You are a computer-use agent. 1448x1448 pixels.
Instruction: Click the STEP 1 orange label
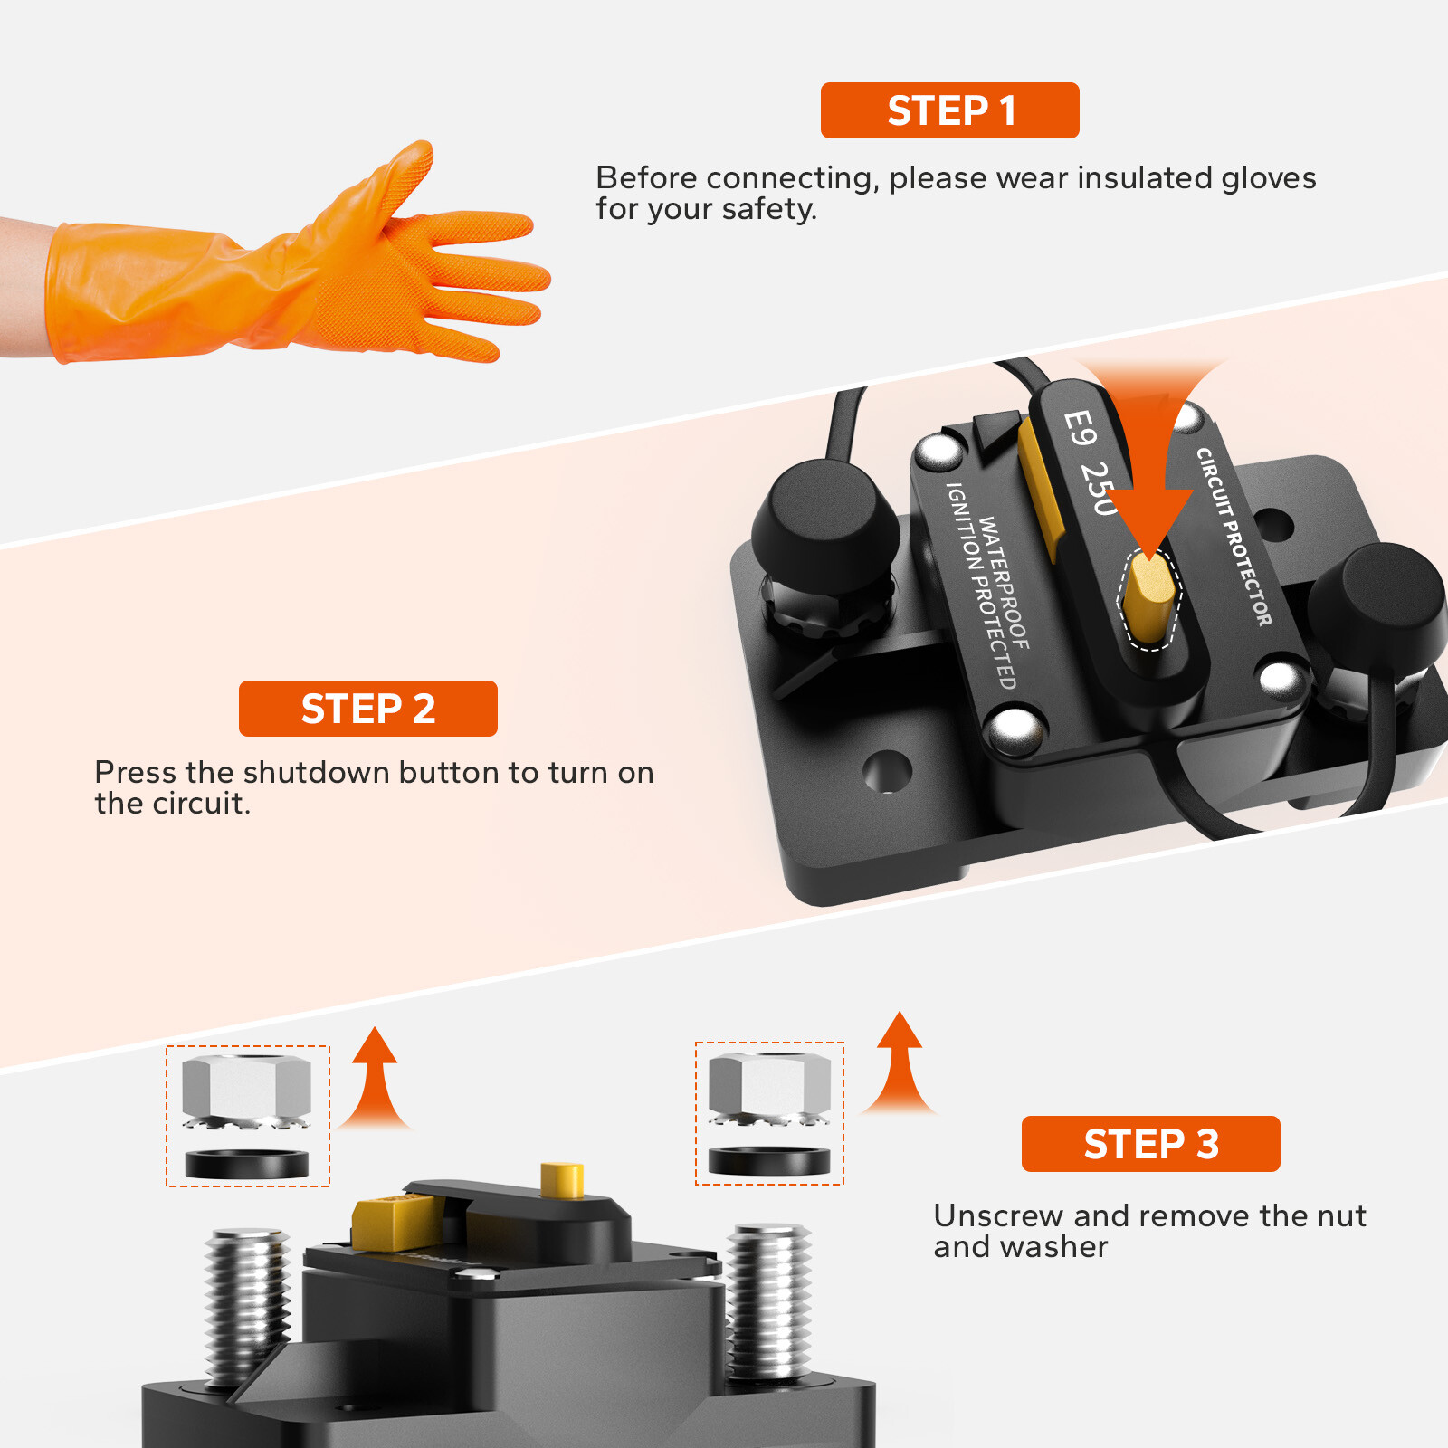click(949, 110)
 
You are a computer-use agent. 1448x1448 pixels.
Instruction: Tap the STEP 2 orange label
click(367, 709)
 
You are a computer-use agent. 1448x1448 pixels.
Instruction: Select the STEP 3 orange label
click(1150, 1144)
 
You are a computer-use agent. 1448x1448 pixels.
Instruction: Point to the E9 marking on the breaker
click(1079, 427)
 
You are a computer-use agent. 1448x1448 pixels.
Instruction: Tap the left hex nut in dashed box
click(246, 1086)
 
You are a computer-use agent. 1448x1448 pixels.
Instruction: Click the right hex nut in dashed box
click(769, 1083)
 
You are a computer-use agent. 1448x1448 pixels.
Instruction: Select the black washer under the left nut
click(246, 1163)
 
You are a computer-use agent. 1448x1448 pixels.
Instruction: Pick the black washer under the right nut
click(769, 1159)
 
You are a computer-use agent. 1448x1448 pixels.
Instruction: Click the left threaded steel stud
click(246, 1303)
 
